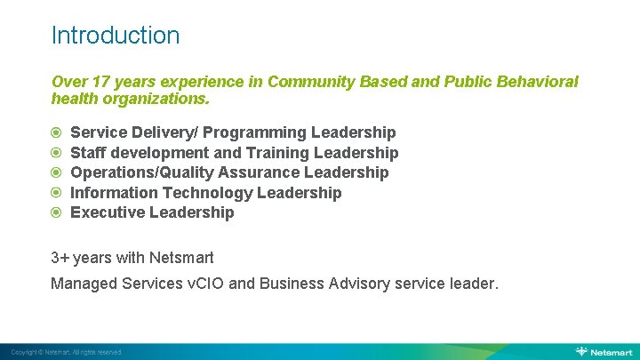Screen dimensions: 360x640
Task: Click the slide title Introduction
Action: (116, 36)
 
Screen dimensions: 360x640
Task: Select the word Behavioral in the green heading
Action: (532, 82)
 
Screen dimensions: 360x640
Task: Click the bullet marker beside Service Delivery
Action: (56, 133)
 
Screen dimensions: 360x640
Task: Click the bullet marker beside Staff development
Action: (56, 153)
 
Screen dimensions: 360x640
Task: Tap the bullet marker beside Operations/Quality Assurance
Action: (56, 172)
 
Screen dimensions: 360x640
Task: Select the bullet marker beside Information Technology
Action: (56, 193)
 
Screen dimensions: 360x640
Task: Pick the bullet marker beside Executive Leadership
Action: (56, 212)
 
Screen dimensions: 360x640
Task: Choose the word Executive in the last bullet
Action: (108, 212)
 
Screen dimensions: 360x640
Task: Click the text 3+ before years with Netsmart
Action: (60, 258)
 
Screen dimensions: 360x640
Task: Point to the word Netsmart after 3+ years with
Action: (183, 258)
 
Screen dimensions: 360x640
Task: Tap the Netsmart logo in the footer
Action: (605, 352)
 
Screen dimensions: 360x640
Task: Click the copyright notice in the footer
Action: (66, 353)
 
